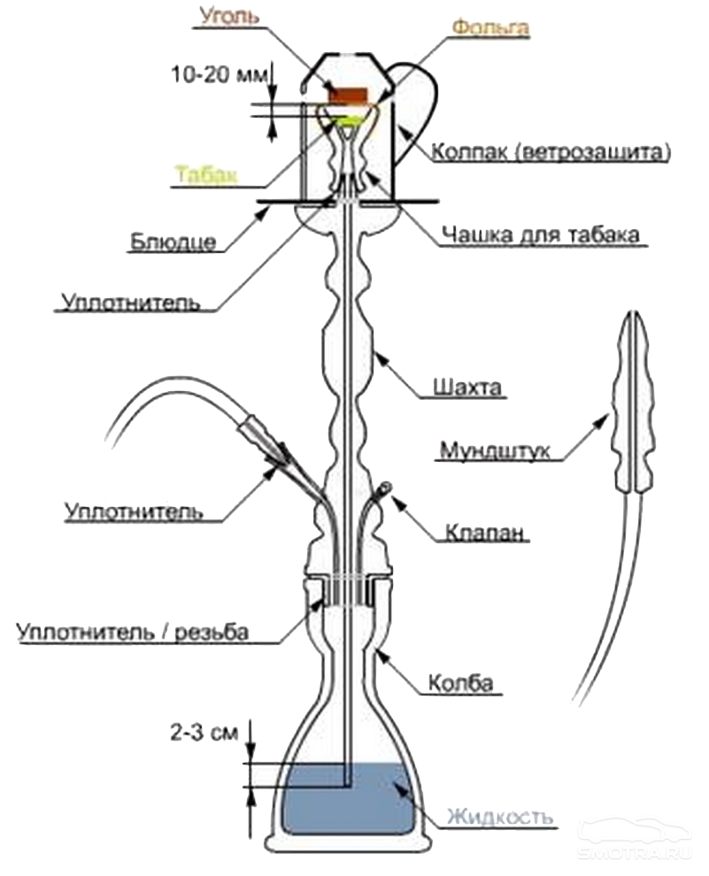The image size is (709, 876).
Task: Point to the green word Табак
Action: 205,173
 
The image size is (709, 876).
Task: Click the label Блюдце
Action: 172,242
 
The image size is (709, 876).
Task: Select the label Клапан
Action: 486,534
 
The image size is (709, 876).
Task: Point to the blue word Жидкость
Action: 500,814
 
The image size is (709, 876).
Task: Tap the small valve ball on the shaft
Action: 387,485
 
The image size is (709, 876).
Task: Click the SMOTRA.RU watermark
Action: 633,851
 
